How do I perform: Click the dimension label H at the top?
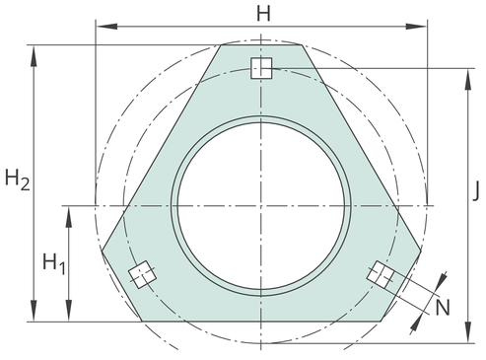click(263, 14)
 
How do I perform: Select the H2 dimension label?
click(18, 180)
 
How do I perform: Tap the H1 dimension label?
click(54, 263)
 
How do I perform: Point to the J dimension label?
click(475, 190)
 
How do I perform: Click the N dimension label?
click(443, 309)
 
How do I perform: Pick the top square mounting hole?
click(261, 68)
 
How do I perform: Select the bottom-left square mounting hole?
click(142, 275)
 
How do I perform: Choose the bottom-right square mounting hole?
click(381, 275)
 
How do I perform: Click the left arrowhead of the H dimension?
click(107, 27)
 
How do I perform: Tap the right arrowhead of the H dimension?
click(416, 27)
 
